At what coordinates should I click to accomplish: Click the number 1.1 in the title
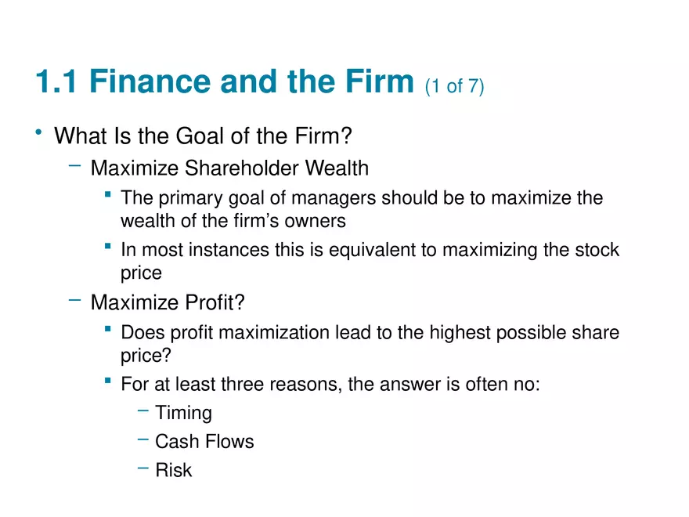pyautogui.click(x=56, y=81)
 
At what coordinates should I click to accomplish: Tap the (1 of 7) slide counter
pyautogui.click(x=454, y=85)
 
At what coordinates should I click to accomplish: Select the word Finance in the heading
pyautogui.click(x=150, y=81)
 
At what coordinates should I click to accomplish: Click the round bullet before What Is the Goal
pyautogui.click(x=38, y=132)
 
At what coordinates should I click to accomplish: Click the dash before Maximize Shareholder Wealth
pyautogui.click(x=74, y=166)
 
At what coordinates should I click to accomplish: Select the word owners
pyautogui.click(x=315, y=221)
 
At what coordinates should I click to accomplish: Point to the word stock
pyautogui.click(x=597, y=250)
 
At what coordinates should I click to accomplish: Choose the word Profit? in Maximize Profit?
pyautogui.click(x=215, y=302)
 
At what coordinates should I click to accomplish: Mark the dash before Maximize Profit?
pyautogui.click(x=74, y=300)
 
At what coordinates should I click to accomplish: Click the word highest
pyautogui.click(x=460, y=333)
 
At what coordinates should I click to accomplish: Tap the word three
pyautogui.click(x=243, y=385)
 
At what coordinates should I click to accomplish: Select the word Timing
pyautogui.click(x=184, y=414)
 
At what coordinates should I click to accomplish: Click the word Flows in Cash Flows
pyautogui.click(x=229, y=441)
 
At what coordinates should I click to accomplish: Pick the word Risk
pyautogui.click(x=174, y=470)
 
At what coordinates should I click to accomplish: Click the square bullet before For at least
pyautogui.click(x=108, y=380)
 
